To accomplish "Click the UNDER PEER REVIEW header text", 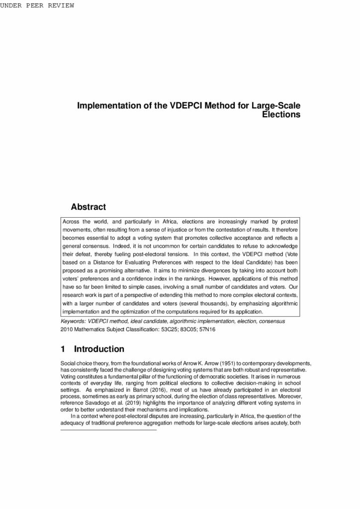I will [x=37, y=5].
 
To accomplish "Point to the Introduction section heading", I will [x=99, y=349].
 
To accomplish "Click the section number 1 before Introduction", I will [x=63, y=349].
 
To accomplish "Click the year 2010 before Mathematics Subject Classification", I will [x=66, y=329].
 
